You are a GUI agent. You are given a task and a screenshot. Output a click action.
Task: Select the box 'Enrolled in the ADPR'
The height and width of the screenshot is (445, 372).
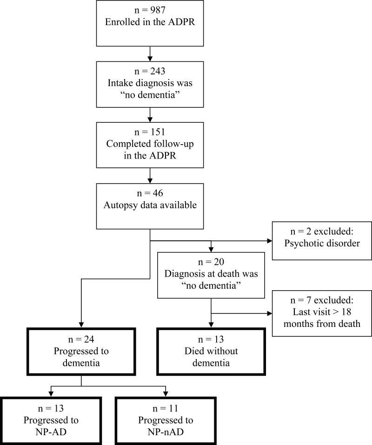[149, 24]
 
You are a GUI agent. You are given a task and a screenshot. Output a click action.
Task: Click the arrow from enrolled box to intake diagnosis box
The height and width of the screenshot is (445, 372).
[149, 57]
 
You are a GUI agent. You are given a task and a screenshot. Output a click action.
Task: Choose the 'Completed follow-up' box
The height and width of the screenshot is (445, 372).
[149, 144]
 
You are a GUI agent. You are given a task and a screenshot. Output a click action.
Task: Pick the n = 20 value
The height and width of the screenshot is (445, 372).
[211, 262]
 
